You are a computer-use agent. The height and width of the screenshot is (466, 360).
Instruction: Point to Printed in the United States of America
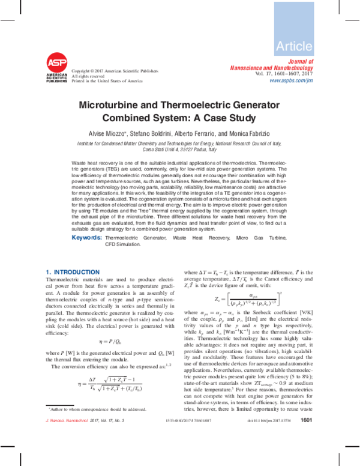click(x=107, y=80)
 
